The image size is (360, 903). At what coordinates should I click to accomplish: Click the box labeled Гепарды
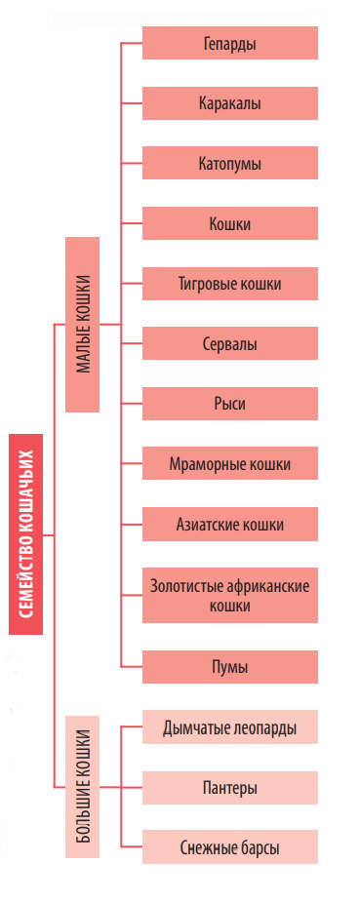click(230, 43)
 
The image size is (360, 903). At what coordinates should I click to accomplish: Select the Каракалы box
click(230, 102)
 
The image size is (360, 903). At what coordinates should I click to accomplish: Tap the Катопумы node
click(230, 163)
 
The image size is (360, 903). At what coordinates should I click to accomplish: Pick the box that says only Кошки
click(230, 223)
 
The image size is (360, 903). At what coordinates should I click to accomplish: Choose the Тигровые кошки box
click(230, 284)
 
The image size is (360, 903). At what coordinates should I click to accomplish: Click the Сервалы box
click(230, 343)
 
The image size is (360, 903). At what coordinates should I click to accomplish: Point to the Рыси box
click(230, 404)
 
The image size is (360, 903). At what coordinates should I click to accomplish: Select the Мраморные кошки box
click(230, 463)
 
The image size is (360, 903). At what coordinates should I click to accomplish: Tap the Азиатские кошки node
click(230, 524)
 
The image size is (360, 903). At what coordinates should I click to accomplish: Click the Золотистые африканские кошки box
click(230, 595)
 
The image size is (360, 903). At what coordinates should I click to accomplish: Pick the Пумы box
click(230, 667)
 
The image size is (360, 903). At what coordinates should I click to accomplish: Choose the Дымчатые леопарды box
click(230, 726)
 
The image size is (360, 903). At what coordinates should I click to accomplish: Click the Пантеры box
click(230, 787)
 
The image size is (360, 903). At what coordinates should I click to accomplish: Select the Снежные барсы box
click(230, 847)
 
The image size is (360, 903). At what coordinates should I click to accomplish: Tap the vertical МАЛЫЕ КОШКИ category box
click(83, 324)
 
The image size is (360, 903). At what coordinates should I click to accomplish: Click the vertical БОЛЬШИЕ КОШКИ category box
click(83, 787)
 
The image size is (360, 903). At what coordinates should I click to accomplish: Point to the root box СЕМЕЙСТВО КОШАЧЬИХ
click(26, 532)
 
